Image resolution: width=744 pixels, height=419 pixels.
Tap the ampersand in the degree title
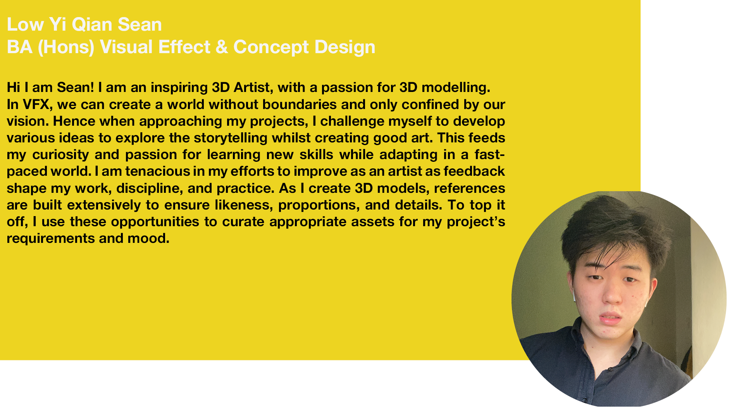coord(222,47)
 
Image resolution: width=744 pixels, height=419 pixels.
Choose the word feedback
coord(474,171)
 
